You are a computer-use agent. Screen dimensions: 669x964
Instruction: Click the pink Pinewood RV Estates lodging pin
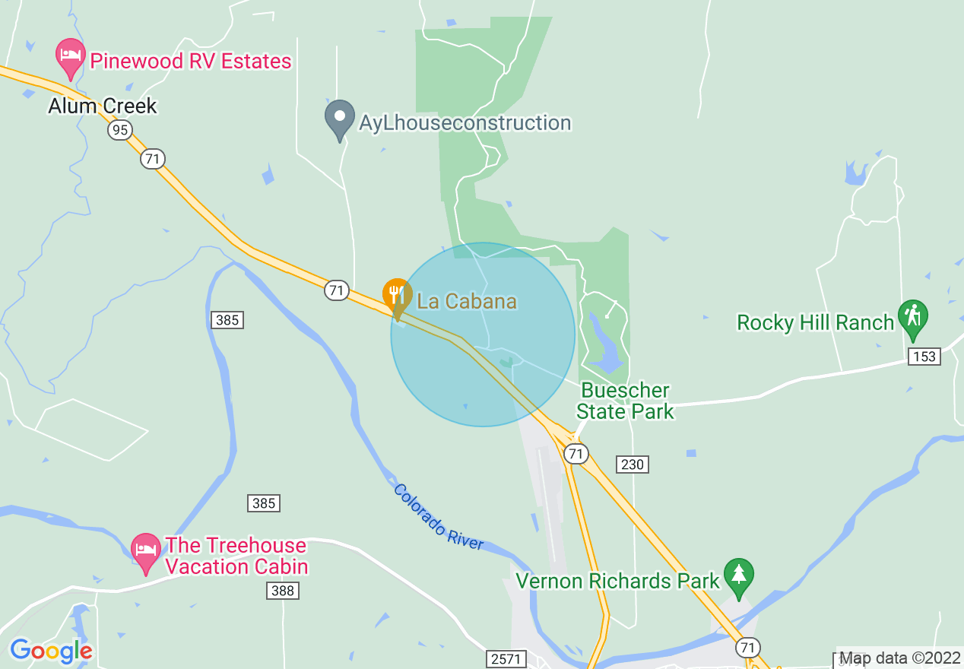(x=71, y=58)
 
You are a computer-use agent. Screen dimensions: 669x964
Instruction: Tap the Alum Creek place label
(x=102, y=106)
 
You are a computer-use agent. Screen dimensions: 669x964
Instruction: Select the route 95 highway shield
(x=119, y=131)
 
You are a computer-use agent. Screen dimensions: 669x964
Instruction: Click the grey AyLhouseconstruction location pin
(x=339, y=119)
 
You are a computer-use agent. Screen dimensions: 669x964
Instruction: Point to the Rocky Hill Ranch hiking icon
(x=912, y=319)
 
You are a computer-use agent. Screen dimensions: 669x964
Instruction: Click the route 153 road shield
(x=924, y=357)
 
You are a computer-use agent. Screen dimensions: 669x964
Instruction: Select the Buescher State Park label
(x=624, y=401)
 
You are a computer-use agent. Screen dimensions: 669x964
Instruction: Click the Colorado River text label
(x=438, y=517)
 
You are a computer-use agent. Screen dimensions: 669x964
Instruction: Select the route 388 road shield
(x=282, y=591)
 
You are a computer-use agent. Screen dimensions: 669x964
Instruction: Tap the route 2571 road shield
(x=506, y=658)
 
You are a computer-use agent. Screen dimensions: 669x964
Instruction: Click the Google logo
(x=51, y=651)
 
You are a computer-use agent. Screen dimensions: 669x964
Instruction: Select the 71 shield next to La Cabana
(x=336, y=290)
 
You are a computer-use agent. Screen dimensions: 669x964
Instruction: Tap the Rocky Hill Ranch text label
(x=815, y=322)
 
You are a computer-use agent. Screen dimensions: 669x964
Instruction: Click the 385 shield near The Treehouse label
(x=263, y=503)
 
